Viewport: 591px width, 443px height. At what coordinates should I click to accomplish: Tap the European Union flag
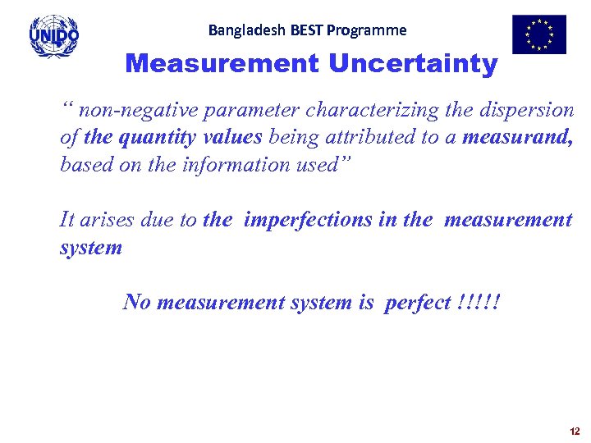coord(539,34)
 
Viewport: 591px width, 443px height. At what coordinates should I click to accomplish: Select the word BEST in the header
coord(306,30)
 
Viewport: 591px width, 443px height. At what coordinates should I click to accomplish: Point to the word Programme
coord(366,30)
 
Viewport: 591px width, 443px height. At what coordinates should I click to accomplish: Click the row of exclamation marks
coord(476,303)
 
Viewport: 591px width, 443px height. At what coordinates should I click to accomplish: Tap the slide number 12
coord(574,432)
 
